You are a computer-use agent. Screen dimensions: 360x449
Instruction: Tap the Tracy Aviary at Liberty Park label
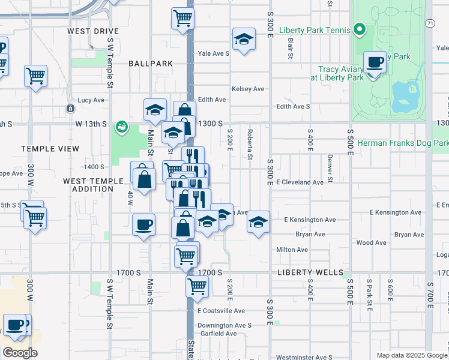tap(337, 73)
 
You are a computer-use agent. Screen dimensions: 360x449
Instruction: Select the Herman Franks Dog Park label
tap(402, 143)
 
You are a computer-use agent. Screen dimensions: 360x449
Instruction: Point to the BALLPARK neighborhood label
tap(150, 63)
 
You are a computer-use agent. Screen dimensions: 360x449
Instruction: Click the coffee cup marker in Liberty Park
tap(375, 62)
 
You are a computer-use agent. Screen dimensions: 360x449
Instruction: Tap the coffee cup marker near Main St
tap(143, 225)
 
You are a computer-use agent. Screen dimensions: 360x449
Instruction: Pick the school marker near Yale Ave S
tap(243, 40)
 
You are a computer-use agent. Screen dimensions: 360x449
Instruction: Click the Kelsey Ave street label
tap(248, 89)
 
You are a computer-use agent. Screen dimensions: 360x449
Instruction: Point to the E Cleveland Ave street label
tap(304, 182)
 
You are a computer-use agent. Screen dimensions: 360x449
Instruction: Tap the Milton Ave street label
tap(292, 250)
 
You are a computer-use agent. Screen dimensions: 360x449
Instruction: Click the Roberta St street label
tap(249, 143)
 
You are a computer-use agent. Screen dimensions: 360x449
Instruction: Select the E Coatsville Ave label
tap(221, 311)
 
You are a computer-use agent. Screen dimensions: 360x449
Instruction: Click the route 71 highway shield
tap(430, 23)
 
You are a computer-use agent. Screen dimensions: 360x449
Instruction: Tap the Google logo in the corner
tap(20, 353)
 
